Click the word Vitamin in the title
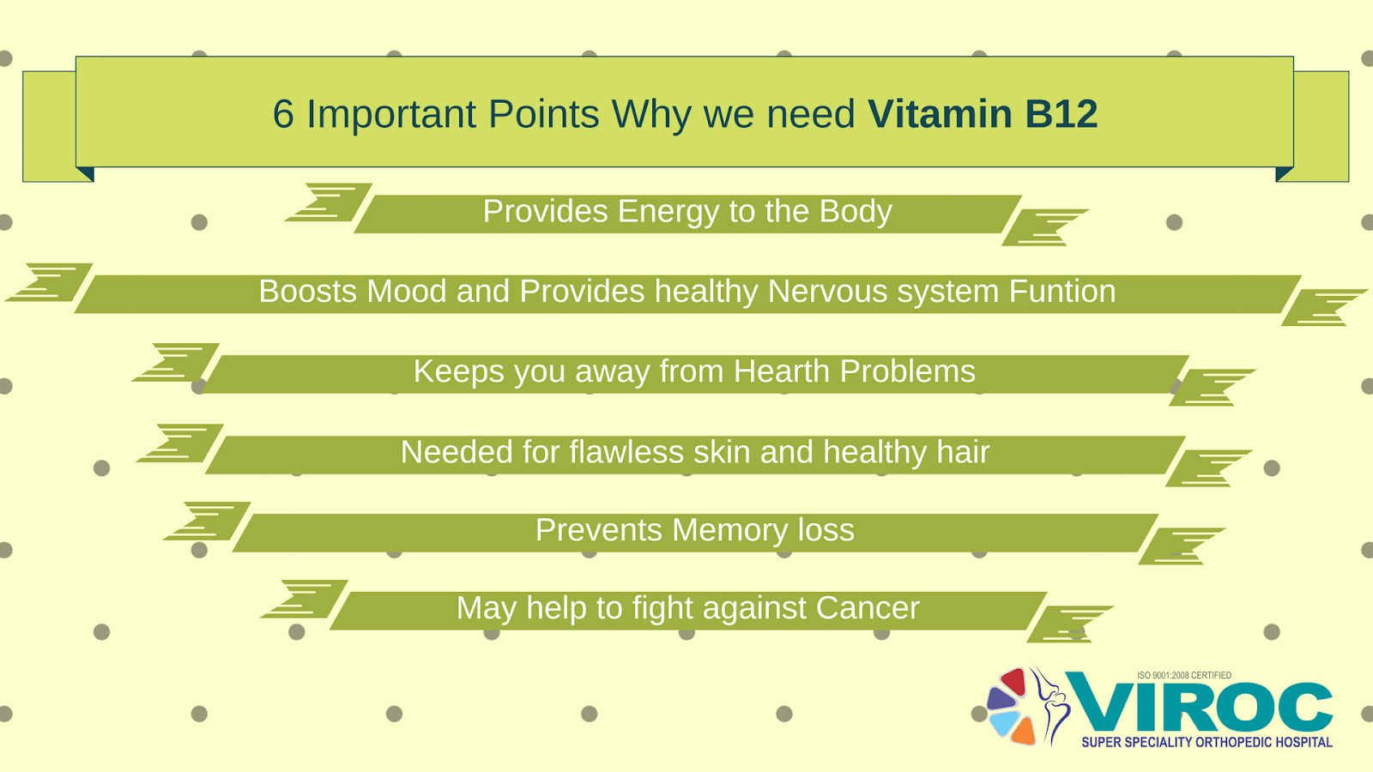(940, 114)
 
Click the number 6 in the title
(283, 114)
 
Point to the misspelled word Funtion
(1062, 292)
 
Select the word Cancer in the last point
(867, 608)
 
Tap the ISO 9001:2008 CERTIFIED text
(1184, 675)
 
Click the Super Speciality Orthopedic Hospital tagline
(1207, 742)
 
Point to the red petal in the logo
(1014, 682)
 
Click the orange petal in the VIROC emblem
(1023, 731)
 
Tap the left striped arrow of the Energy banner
(328, 202)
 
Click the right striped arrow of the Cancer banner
(1069, 624)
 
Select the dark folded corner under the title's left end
(85, 173)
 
